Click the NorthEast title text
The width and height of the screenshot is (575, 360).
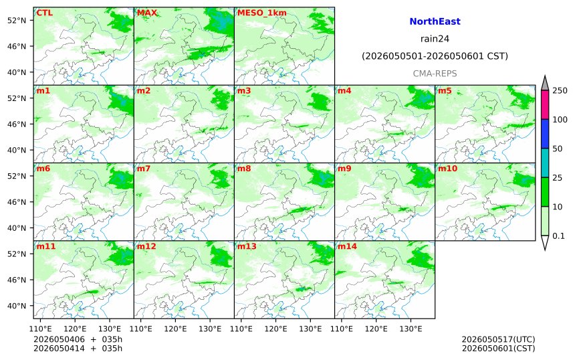tap(435, 21)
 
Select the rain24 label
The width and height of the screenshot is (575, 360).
tap(435, 39)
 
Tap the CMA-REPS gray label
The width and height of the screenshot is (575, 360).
tap(435, 74)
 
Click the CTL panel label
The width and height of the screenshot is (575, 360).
tap(44, 13)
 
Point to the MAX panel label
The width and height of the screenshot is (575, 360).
tap(146, 13)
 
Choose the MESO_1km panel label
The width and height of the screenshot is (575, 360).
tap(262, 13)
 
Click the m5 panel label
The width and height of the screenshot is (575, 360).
tap(445, 90)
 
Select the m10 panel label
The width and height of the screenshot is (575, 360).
tap(447, 169)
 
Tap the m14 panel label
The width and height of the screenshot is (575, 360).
tap(347, 246)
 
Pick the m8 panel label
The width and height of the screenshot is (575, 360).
tap(244, 169)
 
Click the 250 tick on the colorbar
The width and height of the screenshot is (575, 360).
tap(560, 90)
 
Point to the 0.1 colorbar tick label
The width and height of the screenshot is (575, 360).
tap(558, 236)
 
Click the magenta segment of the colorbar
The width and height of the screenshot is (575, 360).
tap(545, 104)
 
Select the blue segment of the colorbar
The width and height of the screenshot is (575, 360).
tap(545, 134)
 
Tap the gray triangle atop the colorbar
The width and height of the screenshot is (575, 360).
tap(545, 84)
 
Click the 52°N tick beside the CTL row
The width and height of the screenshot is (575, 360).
tap(17, 20)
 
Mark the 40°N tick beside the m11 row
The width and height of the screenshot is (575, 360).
tap(17, 306)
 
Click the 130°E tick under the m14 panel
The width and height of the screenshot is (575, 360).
tap(411, 329)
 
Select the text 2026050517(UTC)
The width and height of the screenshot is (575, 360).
tap(498, 339)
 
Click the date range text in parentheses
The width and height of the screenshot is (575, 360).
tap(435, 56)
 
